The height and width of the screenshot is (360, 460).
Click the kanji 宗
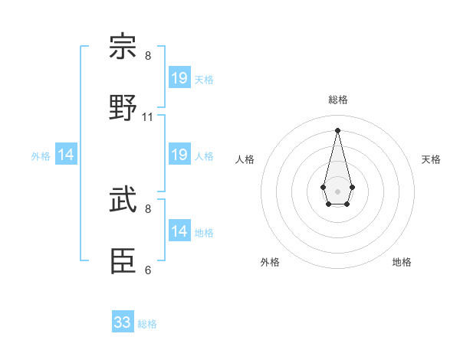point(123,47)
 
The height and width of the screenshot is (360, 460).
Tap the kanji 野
point(123,107)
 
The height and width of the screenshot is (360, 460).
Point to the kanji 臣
point(123,261)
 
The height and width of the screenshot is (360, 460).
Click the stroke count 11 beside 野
point(148,117)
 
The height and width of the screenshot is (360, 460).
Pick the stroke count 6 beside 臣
point(148,270)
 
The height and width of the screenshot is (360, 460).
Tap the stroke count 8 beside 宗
point(148,56)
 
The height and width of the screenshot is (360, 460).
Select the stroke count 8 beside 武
point(148,208)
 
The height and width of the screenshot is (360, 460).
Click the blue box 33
point(123,322)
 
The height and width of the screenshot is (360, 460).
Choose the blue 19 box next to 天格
point(179,78)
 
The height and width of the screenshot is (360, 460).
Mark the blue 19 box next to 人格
point(179,155)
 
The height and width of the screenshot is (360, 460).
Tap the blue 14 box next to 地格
point(179,231)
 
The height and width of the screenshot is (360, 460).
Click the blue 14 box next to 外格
point(66,155)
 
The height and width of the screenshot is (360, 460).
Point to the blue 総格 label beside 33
point(147,324)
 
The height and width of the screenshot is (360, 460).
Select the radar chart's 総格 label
point(337,100)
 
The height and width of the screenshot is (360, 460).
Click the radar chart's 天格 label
point(431,159)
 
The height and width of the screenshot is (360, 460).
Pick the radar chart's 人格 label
point(245,159)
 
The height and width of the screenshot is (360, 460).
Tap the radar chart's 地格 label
point(402,262)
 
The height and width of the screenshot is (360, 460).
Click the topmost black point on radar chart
point(337,129)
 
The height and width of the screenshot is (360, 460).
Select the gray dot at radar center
point(337,191)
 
